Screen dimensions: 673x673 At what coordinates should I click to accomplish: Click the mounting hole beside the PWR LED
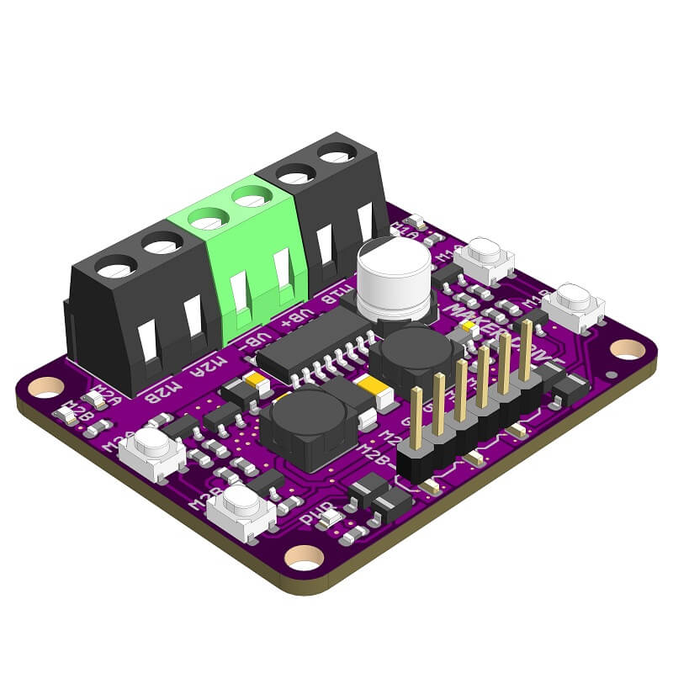[x=305, y=556]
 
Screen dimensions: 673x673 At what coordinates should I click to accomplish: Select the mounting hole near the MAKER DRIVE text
[x=627, y=347]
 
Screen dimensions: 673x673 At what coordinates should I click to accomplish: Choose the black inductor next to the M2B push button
[x=303, y=426]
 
